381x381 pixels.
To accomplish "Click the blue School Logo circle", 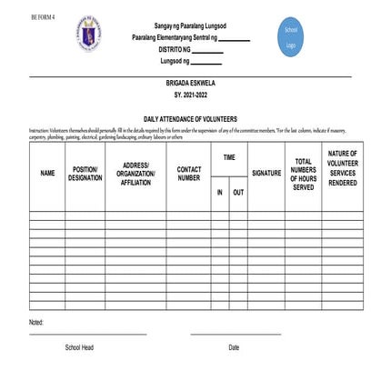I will [x=291, y=37].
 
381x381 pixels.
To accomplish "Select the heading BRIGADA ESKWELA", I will [x=190, y=83].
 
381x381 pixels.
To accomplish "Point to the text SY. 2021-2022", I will [x=190, y=95].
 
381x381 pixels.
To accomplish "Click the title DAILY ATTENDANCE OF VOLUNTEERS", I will [x=190, y=119].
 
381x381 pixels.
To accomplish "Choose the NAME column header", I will [x=47, y=173].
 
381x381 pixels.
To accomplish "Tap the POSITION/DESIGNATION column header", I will [x=85, y=173].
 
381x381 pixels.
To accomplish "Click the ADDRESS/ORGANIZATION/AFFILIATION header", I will [x=135, y=173].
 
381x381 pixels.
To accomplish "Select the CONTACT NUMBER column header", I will [x=188, y=173].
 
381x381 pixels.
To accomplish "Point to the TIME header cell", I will [x=229, y=157].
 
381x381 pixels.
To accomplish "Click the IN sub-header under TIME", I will [x=219, y=193].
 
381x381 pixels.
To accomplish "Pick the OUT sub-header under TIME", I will [x=238, y=193].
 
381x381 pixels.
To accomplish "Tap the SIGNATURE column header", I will [x=266, y=173].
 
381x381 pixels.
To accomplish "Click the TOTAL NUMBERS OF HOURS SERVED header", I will [x=303, y=174].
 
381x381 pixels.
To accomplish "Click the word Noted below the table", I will [x=36, y=322].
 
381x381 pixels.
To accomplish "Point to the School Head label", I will [x=79, y=347].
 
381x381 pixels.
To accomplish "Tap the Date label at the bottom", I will [x=234, y=347].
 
